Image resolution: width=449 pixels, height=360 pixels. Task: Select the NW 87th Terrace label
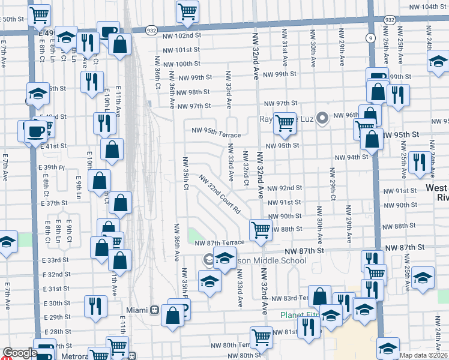(x=220, y=242)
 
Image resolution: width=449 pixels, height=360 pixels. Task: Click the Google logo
(x=19, y=353)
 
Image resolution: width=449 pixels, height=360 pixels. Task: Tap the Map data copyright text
(x=423, y=355)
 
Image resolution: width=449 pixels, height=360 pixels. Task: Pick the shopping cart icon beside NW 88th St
(x=261, y=229)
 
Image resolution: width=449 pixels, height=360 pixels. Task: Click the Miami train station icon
(x=154, y=310)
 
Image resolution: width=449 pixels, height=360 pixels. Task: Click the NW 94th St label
(x=351, y=157)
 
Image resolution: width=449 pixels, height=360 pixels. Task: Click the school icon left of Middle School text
(x=209, y=260)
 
